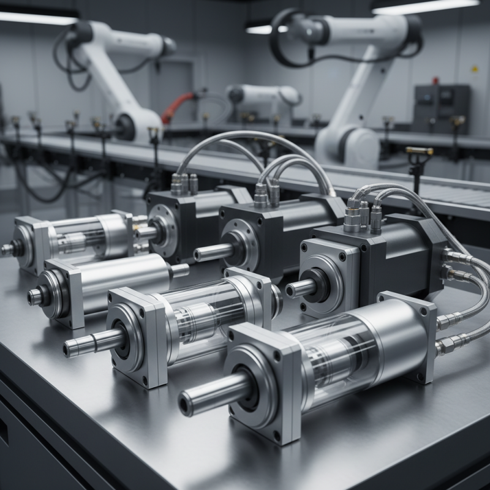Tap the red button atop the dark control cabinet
click(436, 80)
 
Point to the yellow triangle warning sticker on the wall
click(474, 69)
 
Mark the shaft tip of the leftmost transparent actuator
click(7, 249)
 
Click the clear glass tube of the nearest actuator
click(331, 350)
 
